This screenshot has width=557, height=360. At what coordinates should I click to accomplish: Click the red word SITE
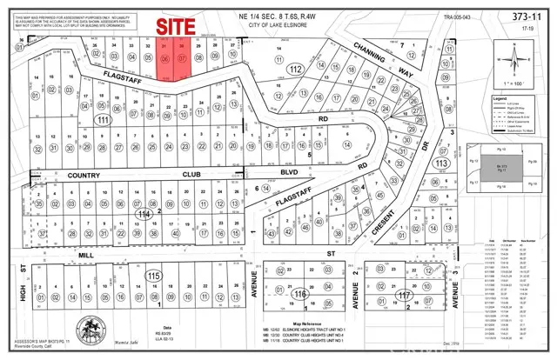click(174, 26)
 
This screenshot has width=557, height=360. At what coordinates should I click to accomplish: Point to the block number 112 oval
click(296, 69)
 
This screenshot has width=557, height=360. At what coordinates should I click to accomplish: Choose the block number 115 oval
click(155, 276)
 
